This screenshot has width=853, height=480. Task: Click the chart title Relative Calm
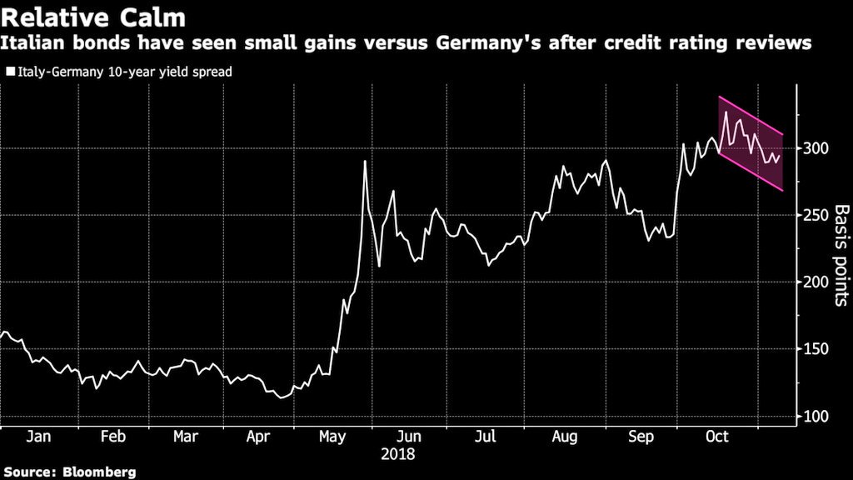tap(92, 17)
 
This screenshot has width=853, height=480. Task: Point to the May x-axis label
tap(333, 437)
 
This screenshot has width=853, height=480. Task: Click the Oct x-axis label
tap(716, 437)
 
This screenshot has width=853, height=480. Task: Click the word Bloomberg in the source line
tap(99, 472)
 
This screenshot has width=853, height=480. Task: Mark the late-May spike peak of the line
tap(365, 161)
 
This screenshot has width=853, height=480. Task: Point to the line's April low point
tap(281, 397)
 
